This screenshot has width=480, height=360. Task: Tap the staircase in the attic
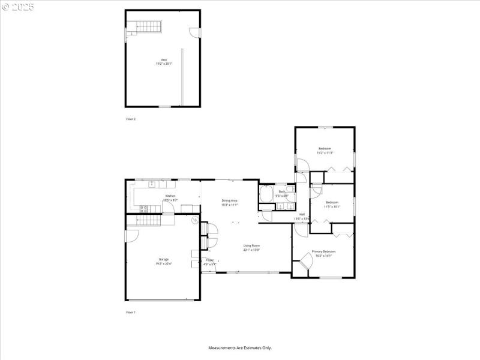(145, 27)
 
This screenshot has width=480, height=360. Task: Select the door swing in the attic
(194, 34)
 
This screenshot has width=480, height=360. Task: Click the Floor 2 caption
(131, 119)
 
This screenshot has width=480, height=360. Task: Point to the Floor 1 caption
(131, 313)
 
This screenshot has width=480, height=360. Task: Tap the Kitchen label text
(170, 196)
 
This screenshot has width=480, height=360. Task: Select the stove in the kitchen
(144, 209)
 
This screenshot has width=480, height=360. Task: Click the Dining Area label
(230, 201)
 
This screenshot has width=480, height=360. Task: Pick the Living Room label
(251, 245)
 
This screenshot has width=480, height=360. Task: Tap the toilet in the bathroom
(289, 195)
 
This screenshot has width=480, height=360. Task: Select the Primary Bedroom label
(323, 251)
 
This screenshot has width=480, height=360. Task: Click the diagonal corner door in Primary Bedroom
(306, 260)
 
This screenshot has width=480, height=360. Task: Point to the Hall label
(302, 214)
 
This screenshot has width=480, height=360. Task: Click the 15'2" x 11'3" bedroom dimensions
(325, 153)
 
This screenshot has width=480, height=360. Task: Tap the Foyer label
(210, 260)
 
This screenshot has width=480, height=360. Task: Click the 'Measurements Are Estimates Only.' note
(240, 348)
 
